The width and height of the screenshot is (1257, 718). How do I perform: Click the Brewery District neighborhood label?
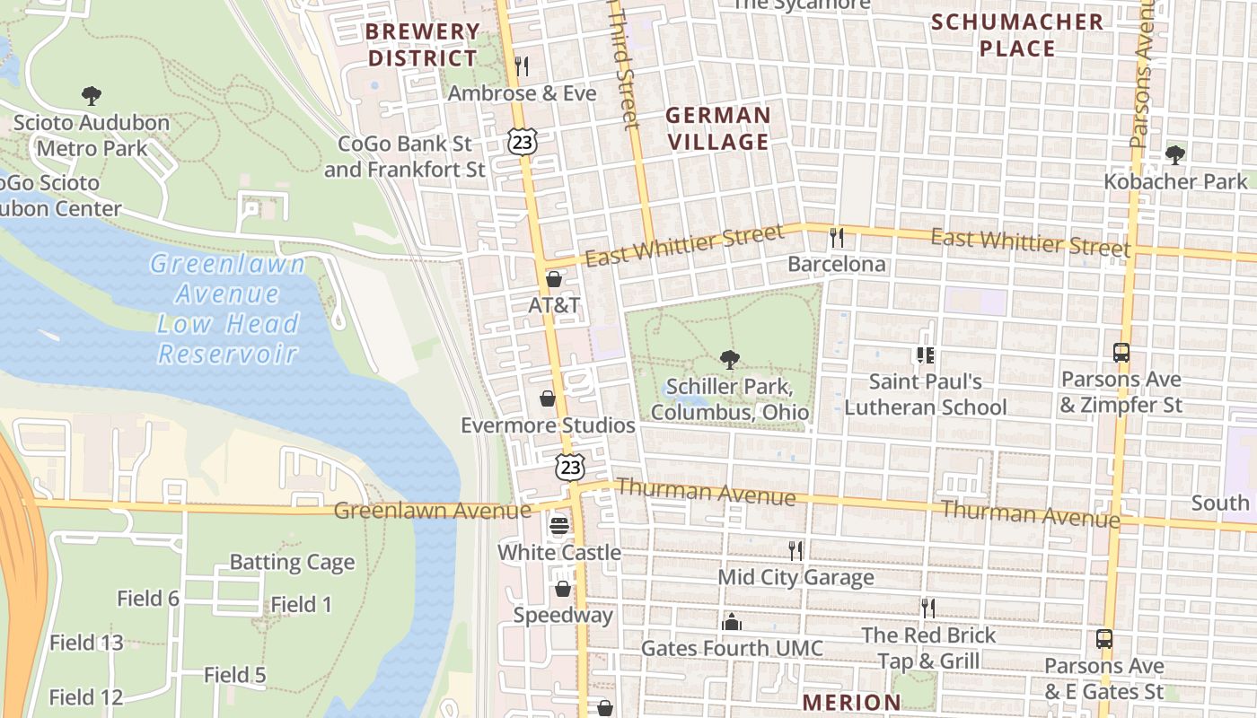[x=423, y=45]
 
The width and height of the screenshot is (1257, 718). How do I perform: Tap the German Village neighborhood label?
[x=717, y=128]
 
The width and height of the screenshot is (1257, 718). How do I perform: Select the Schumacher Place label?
[x=1017, y=35]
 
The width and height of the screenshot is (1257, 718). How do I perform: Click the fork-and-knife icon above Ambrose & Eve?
[x=522, y=66]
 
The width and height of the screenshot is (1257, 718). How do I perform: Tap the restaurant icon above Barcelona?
[x=837, y=237]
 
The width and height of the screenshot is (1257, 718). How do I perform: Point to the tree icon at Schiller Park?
[x=730, y=360]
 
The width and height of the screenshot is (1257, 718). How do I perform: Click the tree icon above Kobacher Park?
[x=1174, y=155]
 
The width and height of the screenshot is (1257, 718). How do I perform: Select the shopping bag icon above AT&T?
[x=554, y=279]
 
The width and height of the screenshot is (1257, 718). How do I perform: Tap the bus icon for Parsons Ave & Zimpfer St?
[x=1121, y=353]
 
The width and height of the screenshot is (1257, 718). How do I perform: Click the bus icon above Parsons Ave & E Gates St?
[x=1104, y=639]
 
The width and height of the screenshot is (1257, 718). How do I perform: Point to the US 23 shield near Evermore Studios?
[x=570, y=467]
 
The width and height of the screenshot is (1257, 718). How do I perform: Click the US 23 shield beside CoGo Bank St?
[x=522, y=140]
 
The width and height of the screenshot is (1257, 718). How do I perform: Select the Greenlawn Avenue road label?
[x=432, y=511]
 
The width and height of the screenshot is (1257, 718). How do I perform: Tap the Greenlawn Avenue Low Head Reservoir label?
[x=228, y=308]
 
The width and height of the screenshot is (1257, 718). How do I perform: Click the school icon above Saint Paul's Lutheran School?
[x=926, y=355]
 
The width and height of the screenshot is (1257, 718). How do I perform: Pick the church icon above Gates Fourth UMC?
[x=732, y=622]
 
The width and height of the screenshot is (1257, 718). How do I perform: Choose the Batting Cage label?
[x=292, y=563]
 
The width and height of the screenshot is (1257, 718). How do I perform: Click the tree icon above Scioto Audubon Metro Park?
[x=91, y=96]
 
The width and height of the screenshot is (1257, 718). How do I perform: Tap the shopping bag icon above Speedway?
[x=563, y=589]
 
